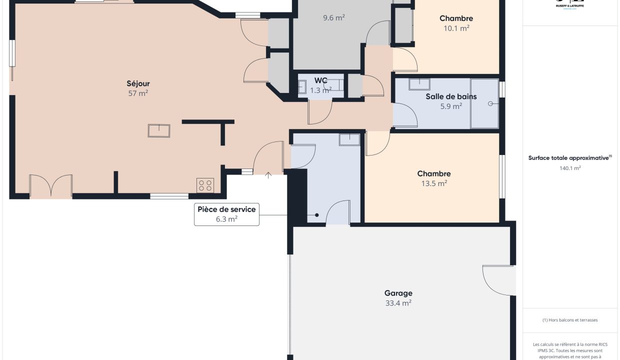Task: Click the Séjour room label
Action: (138, 83)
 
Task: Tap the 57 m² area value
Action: (138, 93)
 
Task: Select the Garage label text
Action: (398, 293)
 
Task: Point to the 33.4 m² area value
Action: (398, 303)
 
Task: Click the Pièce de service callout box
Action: (226, 214)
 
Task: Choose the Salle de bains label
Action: (451, 96)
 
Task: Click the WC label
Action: (320, 80)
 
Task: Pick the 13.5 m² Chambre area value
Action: (434, 183)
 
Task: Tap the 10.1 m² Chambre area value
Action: (456, 28)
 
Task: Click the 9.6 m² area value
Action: (333, 17)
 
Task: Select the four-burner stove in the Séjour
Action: (205, 185)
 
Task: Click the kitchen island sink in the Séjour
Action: (159, 130)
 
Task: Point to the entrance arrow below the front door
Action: (268, 175)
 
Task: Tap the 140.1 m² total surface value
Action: (570, 168)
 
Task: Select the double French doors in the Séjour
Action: (51, 186)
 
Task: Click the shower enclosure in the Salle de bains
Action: (484, 103)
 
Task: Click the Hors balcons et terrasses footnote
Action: (570, 320)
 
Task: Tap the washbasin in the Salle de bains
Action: (419, 84)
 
